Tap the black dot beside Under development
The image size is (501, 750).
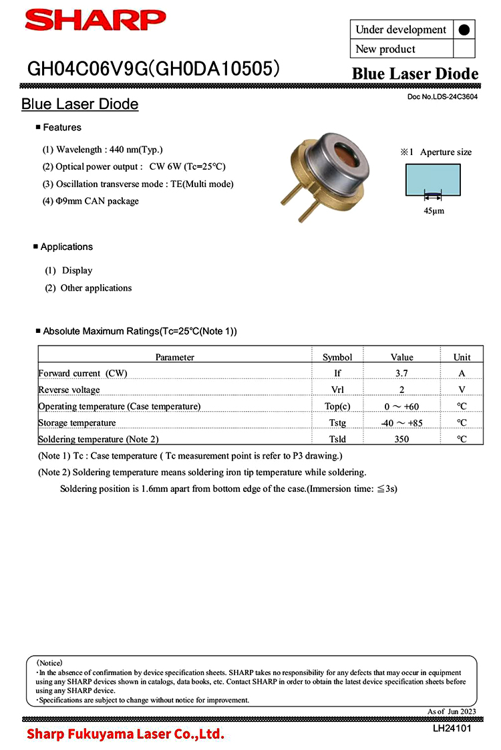click(x=464, y=29)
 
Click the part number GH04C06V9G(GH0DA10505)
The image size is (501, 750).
click(x=153, y=69)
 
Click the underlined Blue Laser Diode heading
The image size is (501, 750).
click(x=79, y=104)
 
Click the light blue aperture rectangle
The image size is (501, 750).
click(x=433, y=179)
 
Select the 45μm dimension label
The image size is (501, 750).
click(x=434, y=211)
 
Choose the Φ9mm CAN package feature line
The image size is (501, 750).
click(x=91, y=201)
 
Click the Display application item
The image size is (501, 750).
click(x=77, y=271)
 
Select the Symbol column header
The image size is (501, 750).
click(x=337, y=357)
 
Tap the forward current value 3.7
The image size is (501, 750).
click(x=402, y=374)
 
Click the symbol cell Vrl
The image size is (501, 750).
click(x=337, y=390)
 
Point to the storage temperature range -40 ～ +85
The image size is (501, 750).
click(x=402, y=422)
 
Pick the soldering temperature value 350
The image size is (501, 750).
click(x=402, y=439)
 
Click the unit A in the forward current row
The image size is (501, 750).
click(x=462, y=374)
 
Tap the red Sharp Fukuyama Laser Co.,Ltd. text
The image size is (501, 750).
click(x=125, y=735)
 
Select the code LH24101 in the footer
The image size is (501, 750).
click(x=452, y=729)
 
